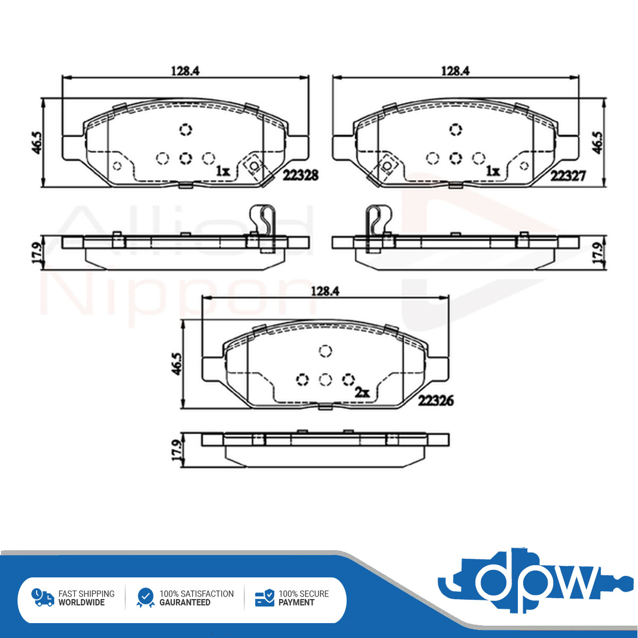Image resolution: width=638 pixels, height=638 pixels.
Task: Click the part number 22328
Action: (x=300, y=175)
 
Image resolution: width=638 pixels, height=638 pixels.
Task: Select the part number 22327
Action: (x=568, y=175)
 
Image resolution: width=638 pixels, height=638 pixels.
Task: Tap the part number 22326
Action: (x=436, y=401)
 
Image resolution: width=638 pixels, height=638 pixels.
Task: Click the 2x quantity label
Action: (x=362, y=393)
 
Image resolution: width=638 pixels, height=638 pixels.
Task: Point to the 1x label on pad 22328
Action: (x=223, y=171)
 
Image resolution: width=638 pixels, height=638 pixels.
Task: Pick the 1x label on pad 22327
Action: (x=493, y=171)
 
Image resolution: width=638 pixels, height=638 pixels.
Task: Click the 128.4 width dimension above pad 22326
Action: (x=325, y=291)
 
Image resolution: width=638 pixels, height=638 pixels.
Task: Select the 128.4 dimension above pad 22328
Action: (x=186, y=71)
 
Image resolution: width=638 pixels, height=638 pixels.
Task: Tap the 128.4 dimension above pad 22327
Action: (x=456, y=71)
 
